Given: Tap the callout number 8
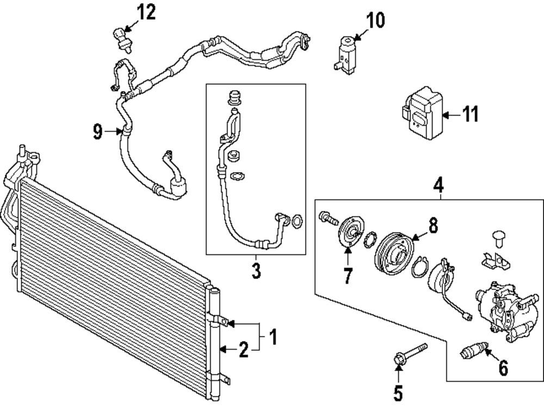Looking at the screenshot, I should pos(433,226).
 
